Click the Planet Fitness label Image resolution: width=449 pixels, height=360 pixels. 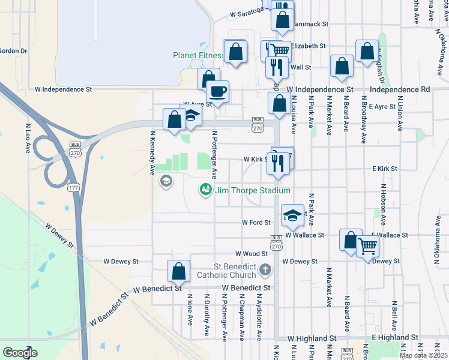(x=198, y=55)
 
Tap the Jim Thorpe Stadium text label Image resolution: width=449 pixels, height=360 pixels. (x=253, y=190)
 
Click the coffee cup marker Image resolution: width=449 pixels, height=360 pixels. (x=217, y=91)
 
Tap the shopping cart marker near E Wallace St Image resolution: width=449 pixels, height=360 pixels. (x=367, y=245)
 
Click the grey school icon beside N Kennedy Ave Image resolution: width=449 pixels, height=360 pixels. (x=166, y=181)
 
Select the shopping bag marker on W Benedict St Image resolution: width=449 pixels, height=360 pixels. (x=179, y=272)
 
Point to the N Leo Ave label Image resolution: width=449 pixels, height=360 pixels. (x=28, y=139)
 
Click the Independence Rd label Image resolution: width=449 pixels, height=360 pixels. (x=400, y=89)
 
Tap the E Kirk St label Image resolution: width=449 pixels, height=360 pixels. (x=384, y=169)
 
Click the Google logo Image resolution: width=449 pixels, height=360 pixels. (x=20, y=352)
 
